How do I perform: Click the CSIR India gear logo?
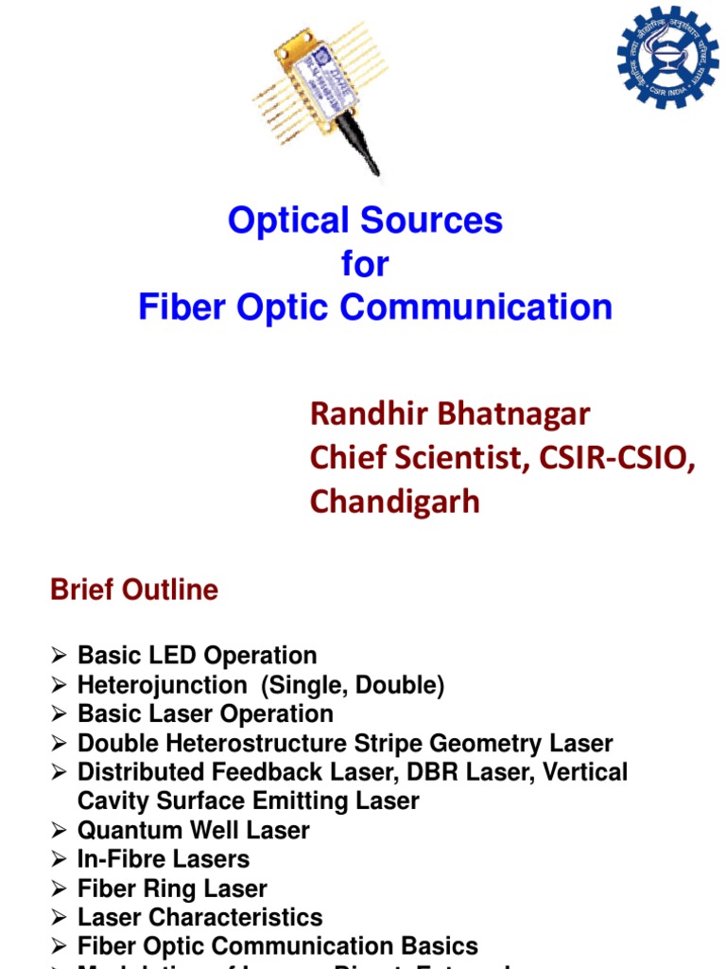point(667,56)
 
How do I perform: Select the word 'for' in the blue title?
point(365,264)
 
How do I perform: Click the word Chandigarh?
point(394,501)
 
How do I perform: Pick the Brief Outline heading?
point(133,590)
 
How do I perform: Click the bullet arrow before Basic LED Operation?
point(59,656)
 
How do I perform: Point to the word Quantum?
point(125,831)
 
